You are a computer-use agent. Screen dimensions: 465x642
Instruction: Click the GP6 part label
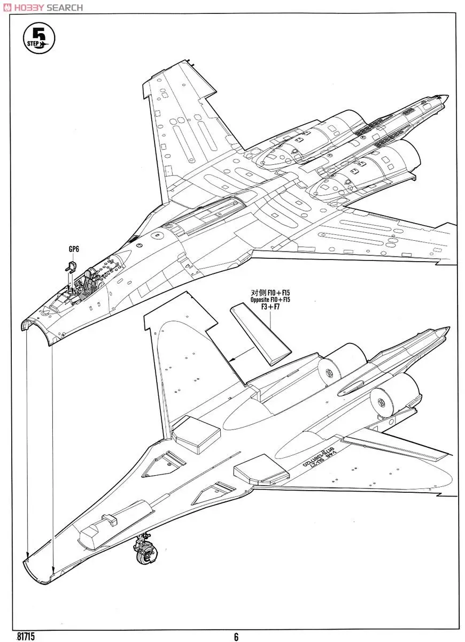[74, 249]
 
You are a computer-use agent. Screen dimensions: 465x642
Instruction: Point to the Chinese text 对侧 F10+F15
[270, 292]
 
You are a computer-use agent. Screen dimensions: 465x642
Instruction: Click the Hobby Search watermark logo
[43, 7]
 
